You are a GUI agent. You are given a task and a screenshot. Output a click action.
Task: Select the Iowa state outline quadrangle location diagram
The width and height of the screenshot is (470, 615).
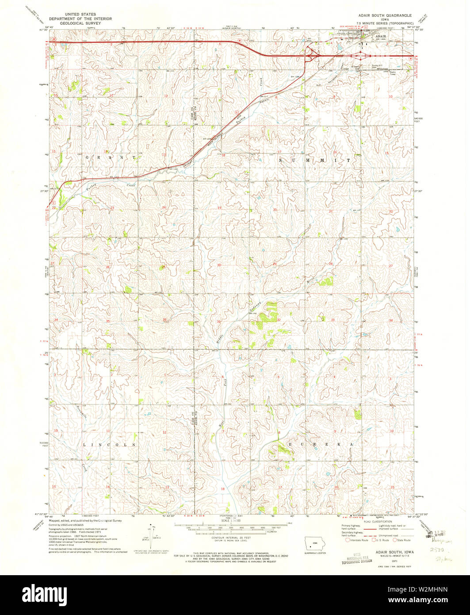(314, 544)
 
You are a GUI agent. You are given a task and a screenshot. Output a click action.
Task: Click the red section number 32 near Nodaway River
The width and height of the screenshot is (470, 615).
(279, 319)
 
